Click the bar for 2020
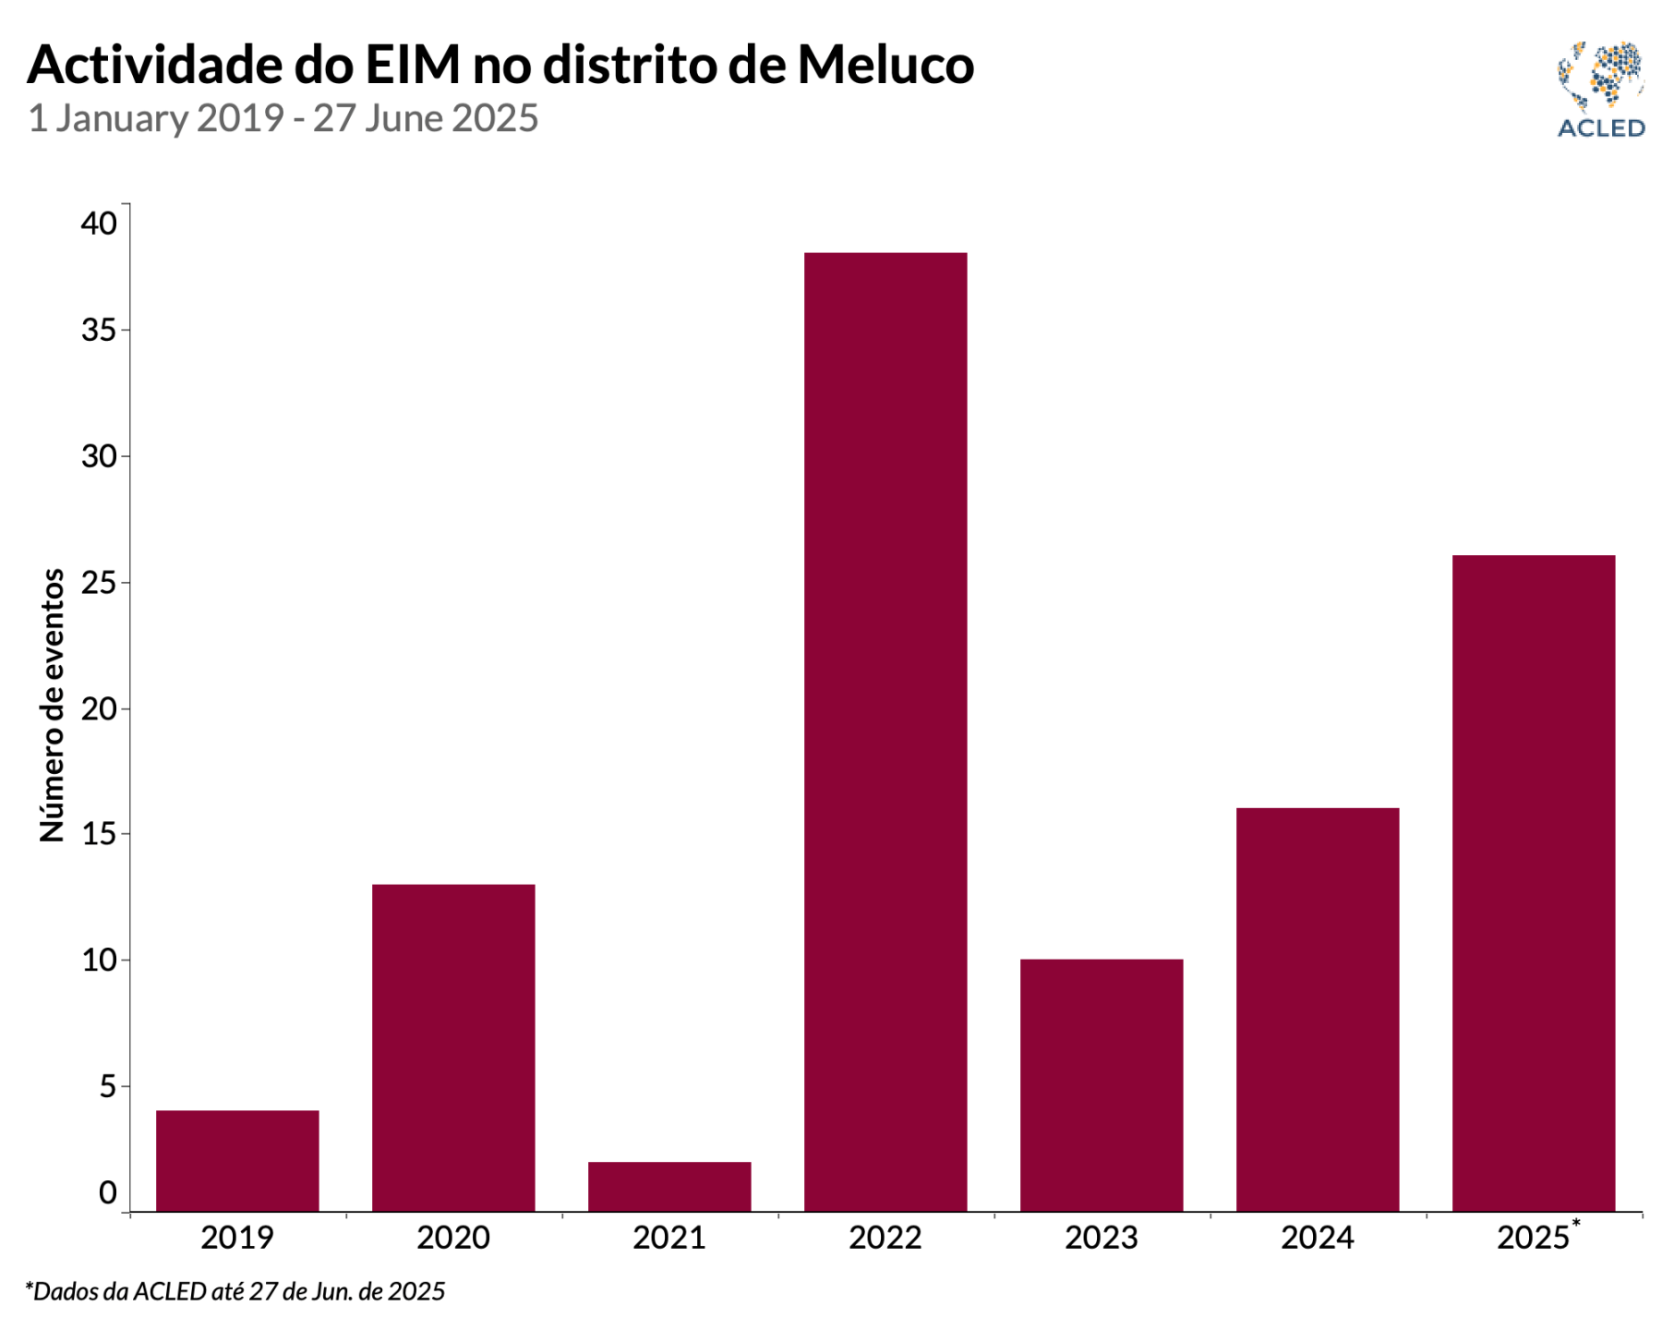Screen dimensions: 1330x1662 coord(453,1047)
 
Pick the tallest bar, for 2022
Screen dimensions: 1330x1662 coord(885,731)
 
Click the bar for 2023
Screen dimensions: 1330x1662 coord(1102,1085)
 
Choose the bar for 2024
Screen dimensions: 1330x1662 coord(1318,1010)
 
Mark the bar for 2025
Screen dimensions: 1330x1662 coord(1534,883)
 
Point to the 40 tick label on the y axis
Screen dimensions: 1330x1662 coord(99,224)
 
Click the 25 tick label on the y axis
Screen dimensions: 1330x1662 coord(99,583)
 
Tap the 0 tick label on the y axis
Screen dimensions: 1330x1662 coord(108,1193)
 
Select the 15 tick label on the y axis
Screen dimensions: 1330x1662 coord(99,834)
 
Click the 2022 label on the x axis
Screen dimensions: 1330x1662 coord(885,1238)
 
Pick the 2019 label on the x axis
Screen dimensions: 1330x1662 coord(237,1238)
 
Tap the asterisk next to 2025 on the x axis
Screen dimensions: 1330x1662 coord(1576,1224)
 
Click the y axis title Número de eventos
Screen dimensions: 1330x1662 coord(53,705)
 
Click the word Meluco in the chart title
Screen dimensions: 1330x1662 coord(885,65)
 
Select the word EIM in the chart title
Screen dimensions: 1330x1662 coord(413,65)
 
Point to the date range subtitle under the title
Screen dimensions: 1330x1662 coord(283,118)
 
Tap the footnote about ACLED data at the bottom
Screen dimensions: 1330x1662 coord(235,1291)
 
